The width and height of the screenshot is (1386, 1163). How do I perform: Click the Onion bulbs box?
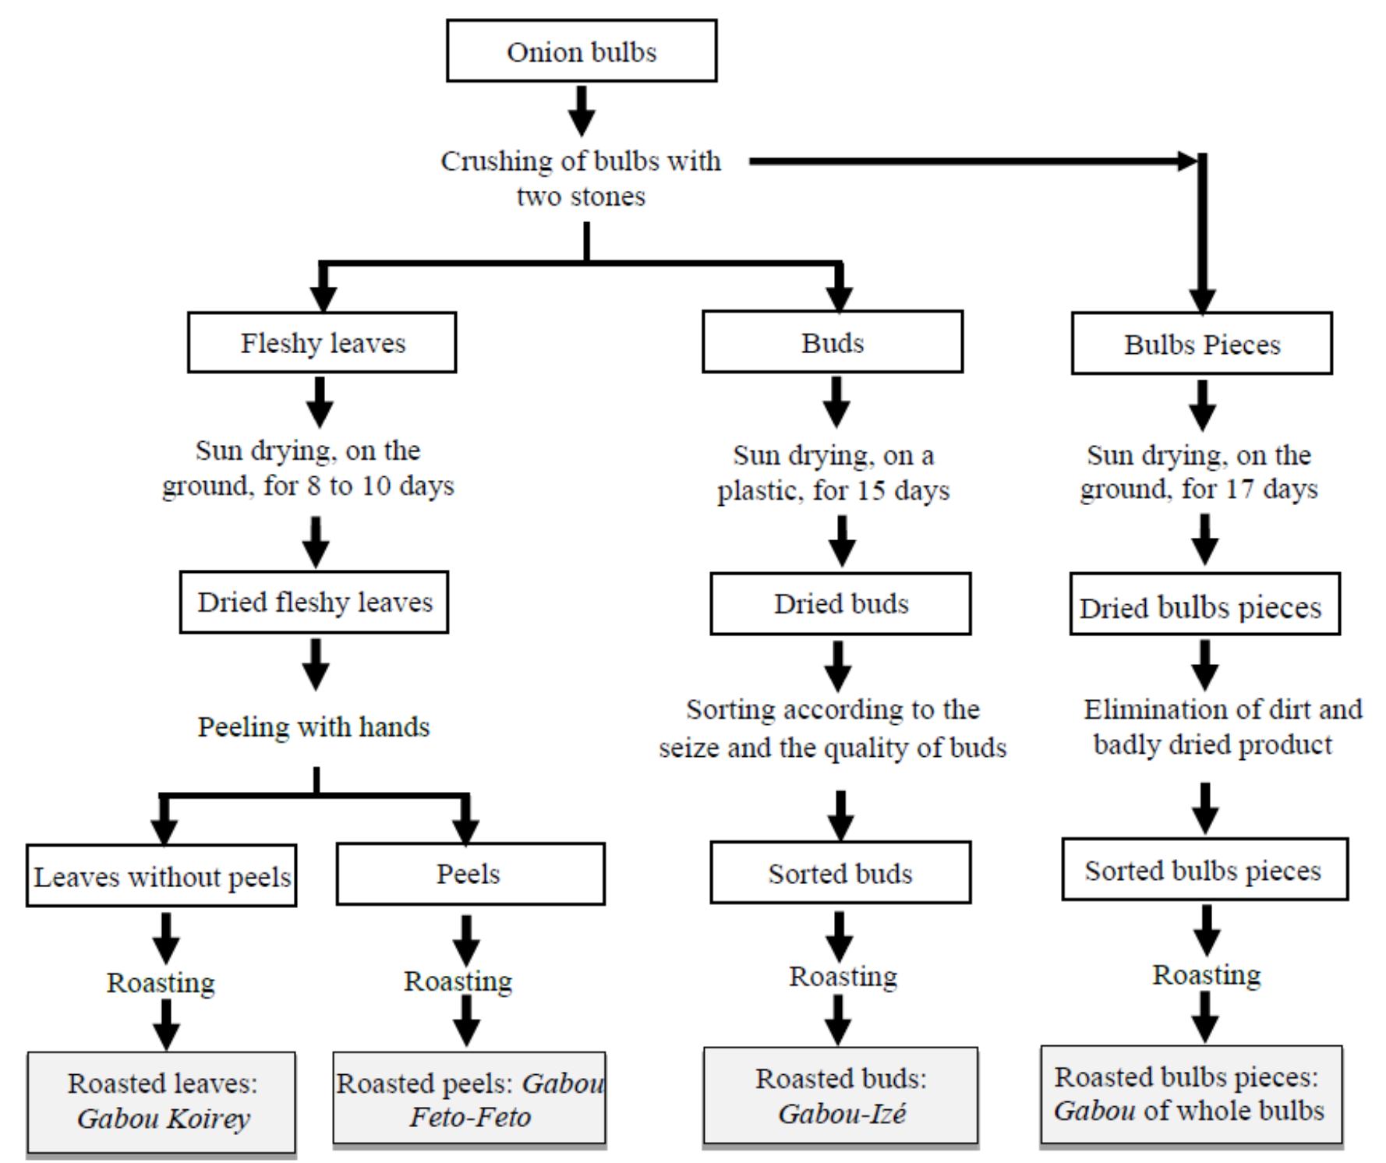click(x=582, y=51)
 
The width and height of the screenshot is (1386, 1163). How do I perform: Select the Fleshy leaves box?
click(x=322, y=343)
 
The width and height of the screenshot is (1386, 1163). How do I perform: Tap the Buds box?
click(x=833, y=343)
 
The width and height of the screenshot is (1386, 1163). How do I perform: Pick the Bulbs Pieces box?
click(x=1201, y=345)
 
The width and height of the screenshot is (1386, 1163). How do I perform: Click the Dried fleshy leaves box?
click(x=314, y=603)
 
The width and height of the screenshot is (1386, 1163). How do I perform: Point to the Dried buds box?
click(x=840, y=604)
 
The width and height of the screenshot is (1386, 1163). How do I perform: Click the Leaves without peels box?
click(x=161, y=876)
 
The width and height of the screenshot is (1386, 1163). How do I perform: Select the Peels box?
click(x=470, y=874)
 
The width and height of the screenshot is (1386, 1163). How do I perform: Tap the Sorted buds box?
click(x=840, y=873)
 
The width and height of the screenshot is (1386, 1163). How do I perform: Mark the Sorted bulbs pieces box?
click(x=1204, y=870)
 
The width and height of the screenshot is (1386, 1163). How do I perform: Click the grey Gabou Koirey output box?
click(x=161, y=1101)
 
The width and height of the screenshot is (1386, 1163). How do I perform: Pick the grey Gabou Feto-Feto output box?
click(x=469, y=1099)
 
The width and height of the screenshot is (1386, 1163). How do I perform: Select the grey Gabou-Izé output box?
click(x=840, y=1096)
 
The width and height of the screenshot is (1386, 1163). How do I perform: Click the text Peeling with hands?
click(x=313, y=726)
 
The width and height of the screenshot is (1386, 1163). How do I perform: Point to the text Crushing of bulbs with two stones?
click(x=582, y=178)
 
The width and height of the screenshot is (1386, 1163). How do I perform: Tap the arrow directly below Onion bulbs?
click(x=582, y=111)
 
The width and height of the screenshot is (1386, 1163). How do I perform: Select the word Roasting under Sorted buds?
click(x=843, y=976)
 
